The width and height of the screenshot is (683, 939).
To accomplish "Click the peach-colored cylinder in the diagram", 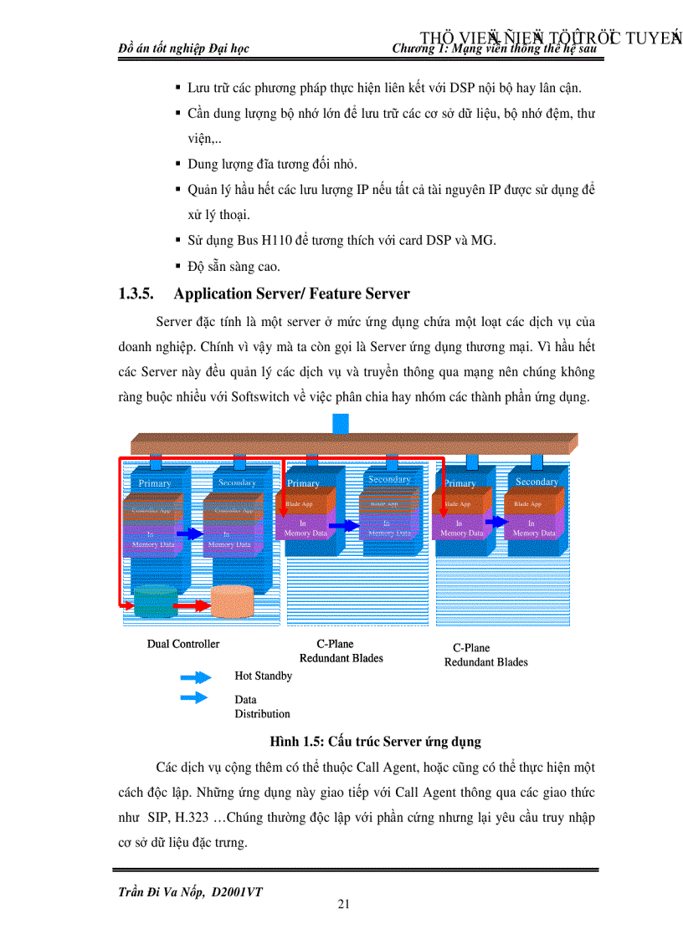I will [x=232, y=601].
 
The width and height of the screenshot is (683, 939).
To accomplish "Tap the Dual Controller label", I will [x=183, y=644].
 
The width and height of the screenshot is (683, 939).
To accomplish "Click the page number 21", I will [x=343, y=903].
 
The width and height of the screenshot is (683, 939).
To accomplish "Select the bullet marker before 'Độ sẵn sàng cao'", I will [x=178, y=267].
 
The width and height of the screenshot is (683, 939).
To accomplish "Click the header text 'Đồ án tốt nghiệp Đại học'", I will [x=184, y=48].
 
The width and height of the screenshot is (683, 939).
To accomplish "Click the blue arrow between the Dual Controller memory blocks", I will [x=190, y=533].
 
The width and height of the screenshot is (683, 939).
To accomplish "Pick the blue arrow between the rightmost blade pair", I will [x=496, y=522].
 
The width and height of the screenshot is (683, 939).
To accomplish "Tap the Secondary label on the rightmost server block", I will [x=537, y=482].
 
